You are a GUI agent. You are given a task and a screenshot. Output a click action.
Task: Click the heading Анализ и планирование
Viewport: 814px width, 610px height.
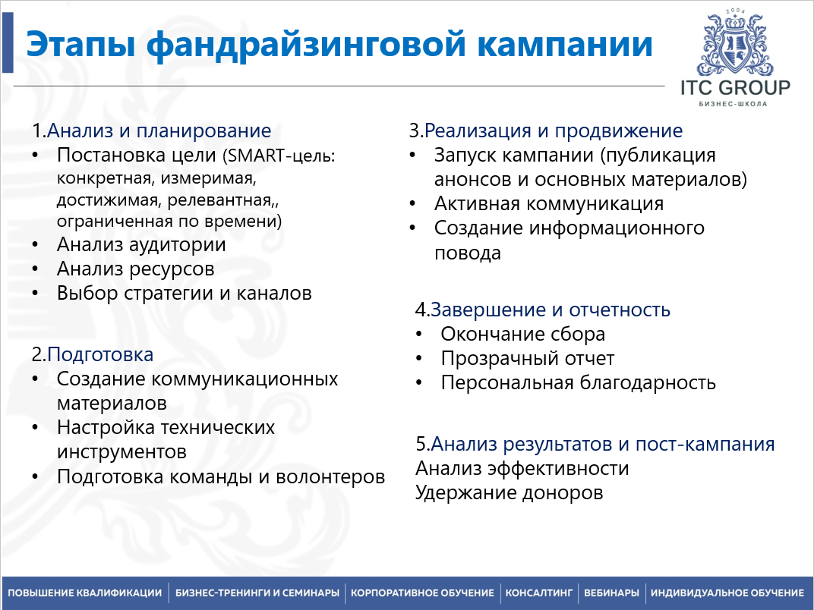coord(159,130)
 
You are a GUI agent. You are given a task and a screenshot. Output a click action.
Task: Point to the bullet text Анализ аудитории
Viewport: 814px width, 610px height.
coord(141,245)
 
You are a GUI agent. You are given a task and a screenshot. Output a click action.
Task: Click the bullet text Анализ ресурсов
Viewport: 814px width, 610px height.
coord(135,269)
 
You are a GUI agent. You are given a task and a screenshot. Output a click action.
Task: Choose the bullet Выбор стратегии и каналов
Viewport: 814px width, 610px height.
coord(184,293)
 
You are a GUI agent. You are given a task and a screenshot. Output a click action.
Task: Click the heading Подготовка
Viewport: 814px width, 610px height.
coord(100,354)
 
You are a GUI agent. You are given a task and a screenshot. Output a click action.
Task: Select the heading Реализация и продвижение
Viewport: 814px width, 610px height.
coord(553,130)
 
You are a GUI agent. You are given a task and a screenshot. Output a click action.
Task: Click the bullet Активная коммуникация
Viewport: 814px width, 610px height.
coord(548,203)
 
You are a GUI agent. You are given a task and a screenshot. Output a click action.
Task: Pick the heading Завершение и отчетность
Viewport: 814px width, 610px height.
coord(551,310)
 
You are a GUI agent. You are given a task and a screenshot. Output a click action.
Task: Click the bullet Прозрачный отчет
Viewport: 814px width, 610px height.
coord(527,358)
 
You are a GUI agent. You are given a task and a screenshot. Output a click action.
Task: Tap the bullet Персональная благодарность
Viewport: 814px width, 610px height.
coord(578,382)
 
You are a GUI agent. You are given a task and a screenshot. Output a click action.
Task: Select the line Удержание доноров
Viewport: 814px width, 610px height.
coord(509,492)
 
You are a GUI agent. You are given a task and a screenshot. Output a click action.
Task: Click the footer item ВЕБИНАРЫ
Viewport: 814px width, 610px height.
coord(612,593)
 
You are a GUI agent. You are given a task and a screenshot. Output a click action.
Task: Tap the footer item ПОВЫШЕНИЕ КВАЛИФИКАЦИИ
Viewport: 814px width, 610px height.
coord(84,593)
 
